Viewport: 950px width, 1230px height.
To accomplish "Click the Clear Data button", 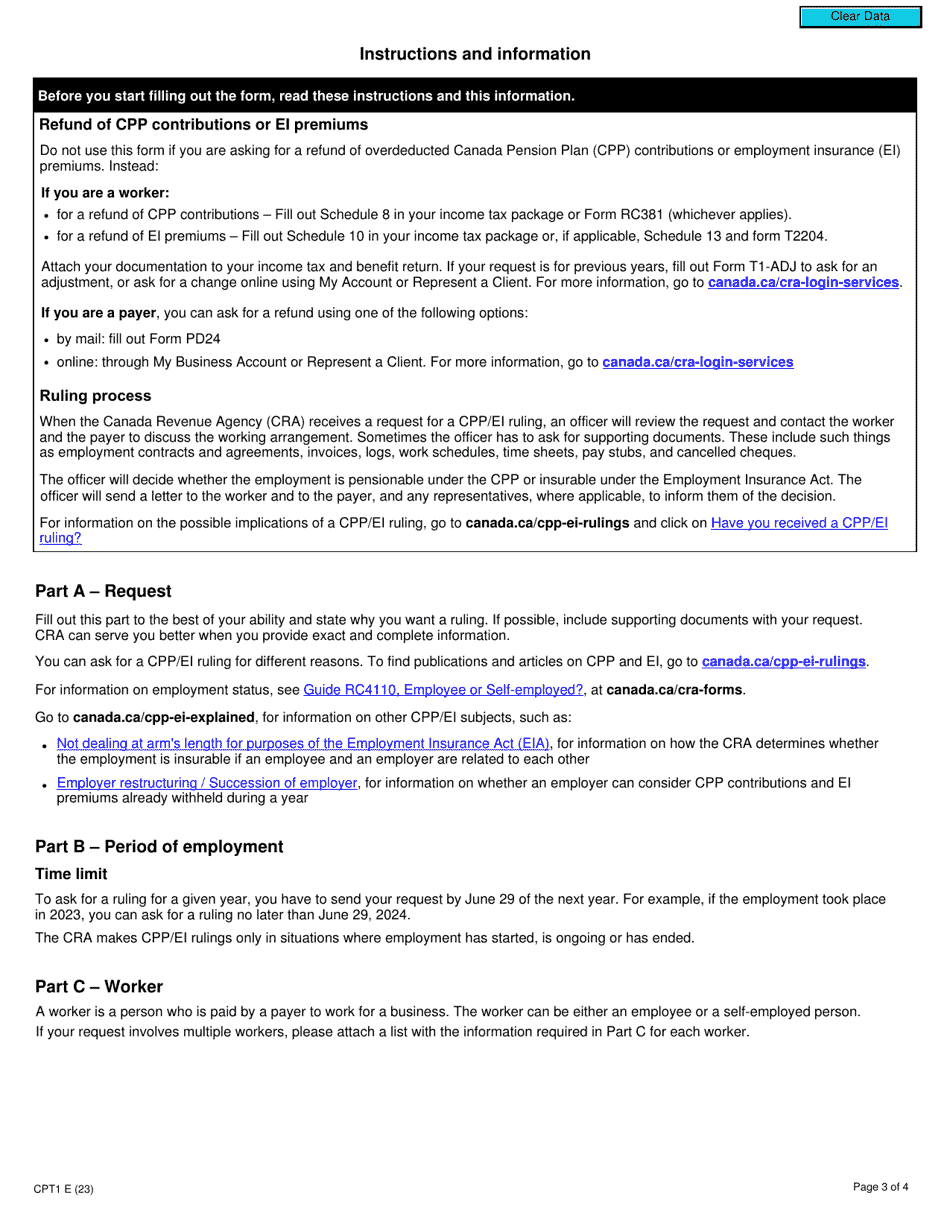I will point(860,17).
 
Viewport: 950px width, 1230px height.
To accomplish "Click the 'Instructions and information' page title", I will point(475,54).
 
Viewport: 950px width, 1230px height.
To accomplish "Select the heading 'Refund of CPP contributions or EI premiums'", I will point(203,125).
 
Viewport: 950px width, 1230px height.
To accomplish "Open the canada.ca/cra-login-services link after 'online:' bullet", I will point(697,362).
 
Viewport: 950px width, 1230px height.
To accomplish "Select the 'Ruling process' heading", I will point(95,396).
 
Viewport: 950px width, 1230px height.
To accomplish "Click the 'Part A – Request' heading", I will point(103,591).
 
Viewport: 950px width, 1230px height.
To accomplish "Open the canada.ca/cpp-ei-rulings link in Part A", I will point(783,662).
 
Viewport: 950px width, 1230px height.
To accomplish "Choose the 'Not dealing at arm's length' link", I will point(303,744).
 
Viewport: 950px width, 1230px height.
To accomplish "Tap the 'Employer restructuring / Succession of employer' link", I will point(207,783).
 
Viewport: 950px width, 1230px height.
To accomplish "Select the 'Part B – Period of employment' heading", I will point(159,847).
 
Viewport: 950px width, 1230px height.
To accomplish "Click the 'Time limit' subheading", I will point(71,874).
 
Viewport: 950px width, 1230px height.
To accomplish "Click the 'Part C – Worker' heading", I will point(99,987).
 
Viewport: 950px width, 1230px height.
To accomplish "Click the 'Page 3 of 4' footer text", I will point(880,1187).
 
